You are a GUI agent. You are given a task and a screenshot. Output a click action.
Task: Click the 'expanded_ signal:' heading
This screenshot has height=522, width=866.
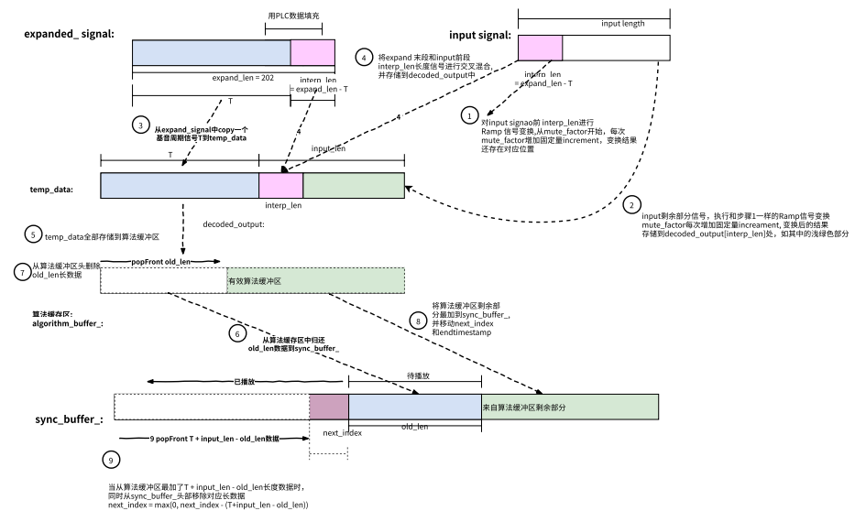click(x=68, y=34)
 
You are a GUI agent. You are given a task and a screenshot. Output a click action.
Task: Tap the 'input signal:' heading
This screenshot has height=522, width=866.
click(x=480, y=36)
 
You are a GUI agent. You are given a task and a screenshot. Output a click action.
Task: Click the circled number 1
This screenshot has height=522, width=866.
click(x=469, y=116)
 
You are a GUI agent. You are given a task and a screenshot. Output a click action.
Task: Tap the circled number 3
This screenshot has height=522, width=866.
click(x=140, y=124)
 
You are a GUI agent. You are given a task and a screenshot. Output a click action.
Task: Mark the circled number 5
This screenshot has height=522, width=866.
click(x=33, y=235)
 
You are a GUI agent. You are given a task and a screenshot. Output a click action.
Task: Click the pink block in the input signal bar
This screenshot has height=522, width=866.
click(x=540, y=48)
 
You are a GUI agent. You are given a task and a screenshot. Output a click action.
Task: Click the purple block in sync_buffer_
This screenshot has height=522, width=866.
click(x=329, y=407)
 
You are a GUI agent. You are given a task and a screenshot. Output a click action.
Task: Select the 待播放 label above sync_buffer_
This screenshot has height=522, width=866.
click(x=419, y=375)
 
